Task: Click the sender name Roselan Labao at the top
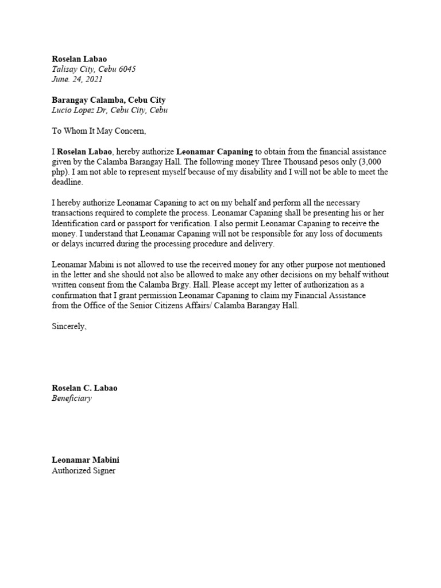click(79, 59)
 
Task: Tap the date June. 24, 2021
click(77, 79)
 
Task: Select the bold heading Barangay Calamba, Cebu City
click(109, 100)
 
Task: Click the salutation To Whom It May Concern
click(99, 131)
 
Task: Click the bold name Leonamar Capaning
click(214, 152)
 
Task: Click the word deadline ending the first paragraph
click(67, 182)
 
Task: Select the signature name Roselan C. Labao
click(84, 388)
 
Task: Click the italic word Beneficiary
click(72, 399)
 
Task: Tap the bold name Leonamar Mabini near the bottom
click(86, 461)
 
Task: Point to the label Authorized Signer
click(83, 471)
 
